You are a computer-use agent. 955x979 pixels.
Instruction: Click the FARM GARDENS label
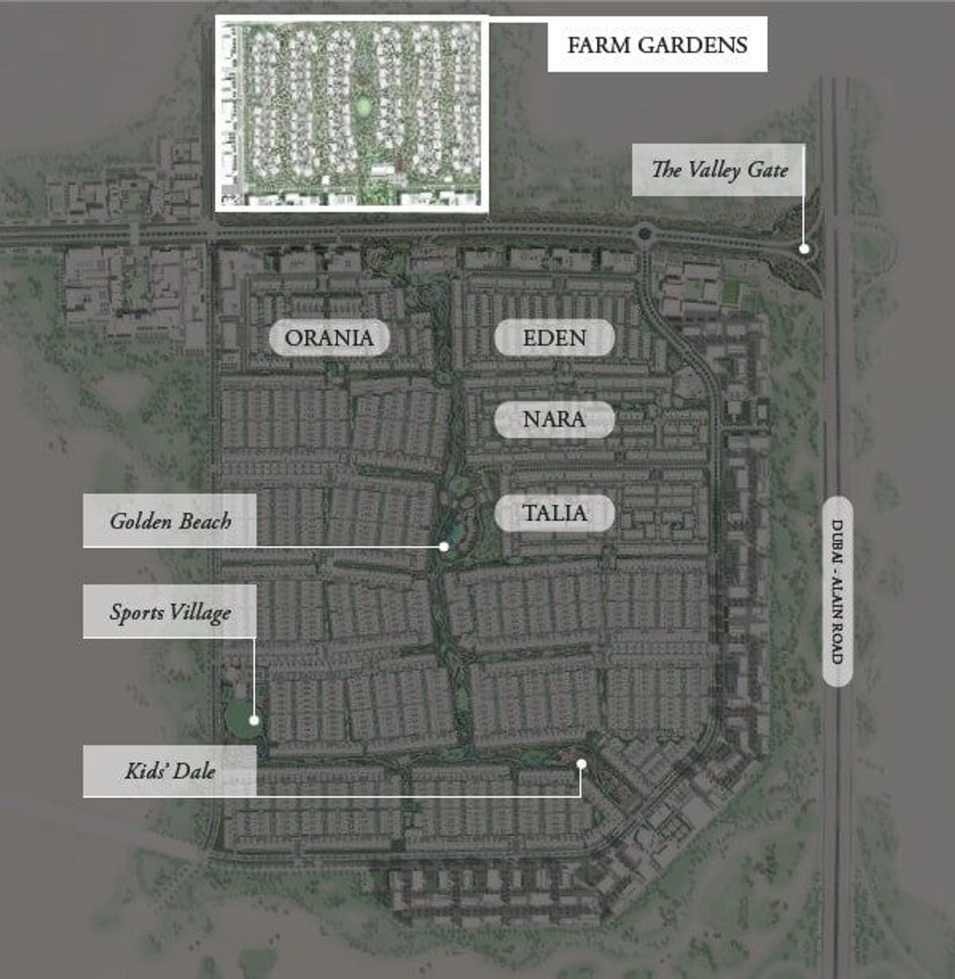pyautogui.click(x=657, y=45)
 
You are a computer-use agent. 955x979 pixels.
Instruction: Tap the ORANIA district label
pyautogui.click(x=329, y=338)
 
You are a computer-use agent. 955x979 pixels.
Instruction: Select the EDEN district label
pyautogui.click(x=554, y=338)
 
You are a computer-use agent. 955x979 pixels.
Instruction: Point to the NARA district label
pyautogui.click(x=554, y=419)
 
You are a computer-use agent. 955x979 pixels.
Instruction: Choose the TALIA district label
pyautogui.click(x=554, y=513)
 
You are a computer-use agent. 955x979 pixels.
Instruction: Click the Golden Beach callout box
pyautogui.click(x=169, y=521)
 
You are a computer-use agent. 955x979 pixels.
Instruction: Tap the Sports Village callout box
pyautogui.click(x=169, y=612)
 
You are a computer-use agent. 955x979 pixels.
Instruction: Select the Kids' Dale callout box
pyautogui.click(x=169, y=771)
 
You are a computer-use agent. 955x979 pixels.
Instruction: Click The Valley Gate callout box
pyautogui.click(x=718, y=169)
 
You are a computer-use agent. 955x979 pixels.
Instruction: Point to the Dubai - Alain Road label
pyautogui.click(x=837, y=591)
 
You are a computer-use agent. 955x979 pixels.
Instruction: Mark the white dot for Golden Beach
pyautogui.click(x=444, y=547)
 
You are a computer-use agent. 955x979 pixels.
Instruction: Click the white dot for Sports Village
pyautogui.click(x=254, y=720)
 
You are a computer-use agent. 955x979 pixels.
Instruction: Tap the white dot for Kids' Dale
pyautogui.click(x=581, y=764)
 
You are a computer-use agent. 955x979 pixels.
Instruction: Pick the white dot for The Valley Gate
pyautogui.click(x=804, y=249)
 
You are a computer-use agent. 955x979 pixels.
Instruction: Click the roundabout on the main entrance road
pyautogui.click(x=644, y=234)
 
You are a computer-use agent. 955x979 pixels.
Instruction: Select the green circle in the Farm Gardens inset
pyautogui.click(x=363, y=106)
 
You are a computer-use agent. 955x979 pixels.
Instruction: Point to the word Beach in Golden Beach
pyautogui.click(x=204, y=521)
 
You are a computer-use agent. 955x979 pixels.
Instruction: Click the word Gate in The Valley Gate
pyautogui.click(x=767, y=169)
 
